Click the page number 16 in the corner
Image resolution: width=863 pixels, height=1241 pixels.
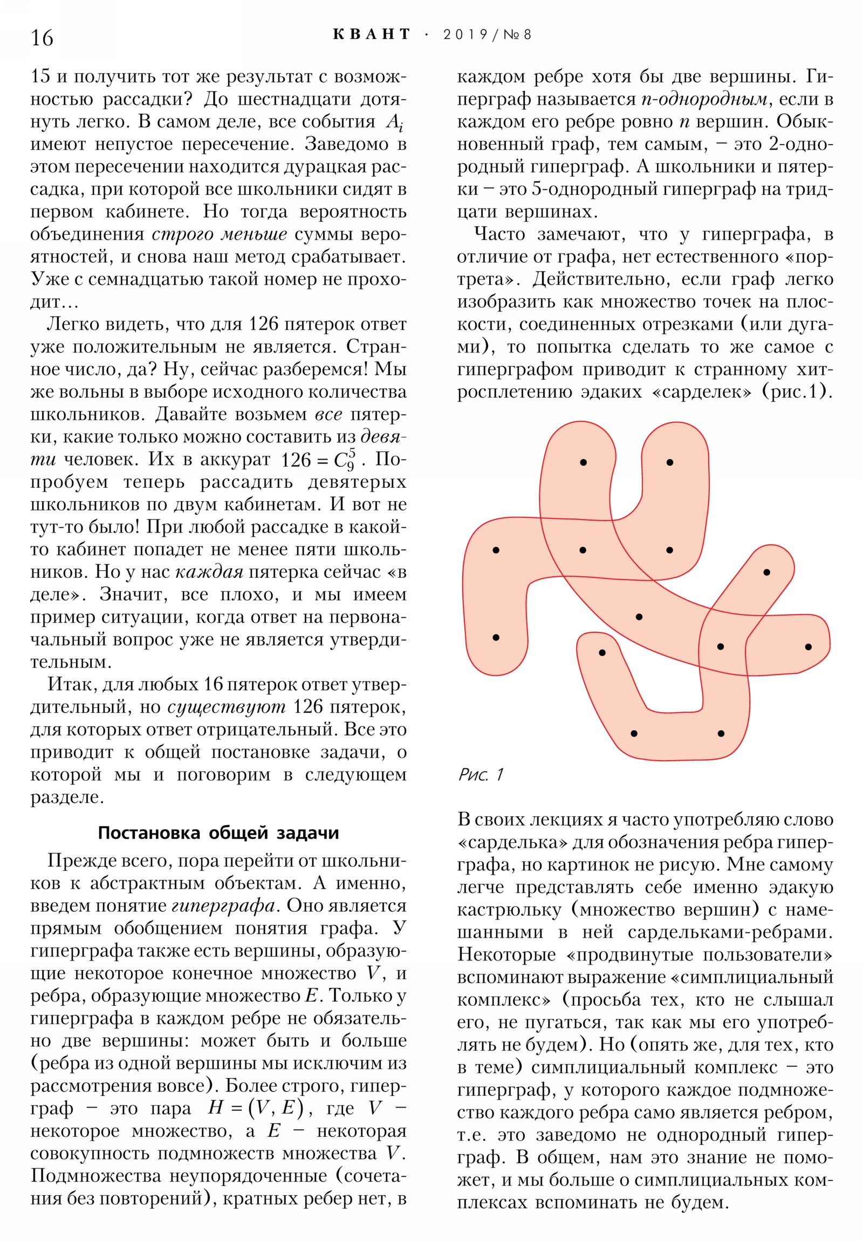coord(42,38)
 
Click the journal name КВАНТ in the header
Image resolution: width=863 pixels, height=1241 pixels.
coord(372,35)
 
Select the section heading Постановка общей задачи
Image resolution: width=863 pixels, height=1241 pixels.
coord(218,833)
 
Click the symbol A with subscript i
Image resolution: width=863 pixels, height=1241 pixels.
coord(394,122)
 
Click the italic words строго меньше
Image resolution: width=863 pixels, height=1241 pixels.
coord(219,234)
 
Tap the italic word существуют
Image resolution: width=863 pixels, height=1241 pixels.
coord(227,707)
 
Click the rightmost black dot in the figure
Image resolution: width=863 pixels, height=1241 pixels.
coord(808,646)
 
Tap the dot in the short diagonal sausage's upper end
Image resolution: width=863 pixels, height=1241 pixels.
coord(766,572)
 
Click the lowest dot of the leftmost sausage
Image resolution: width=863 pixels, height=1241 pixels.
coord(496,637)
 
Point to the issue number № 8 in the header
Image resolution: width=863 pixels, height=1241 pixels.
coord(517,35)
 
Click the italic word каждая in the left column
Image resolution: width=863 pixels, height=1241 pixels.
coord(209,572)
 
